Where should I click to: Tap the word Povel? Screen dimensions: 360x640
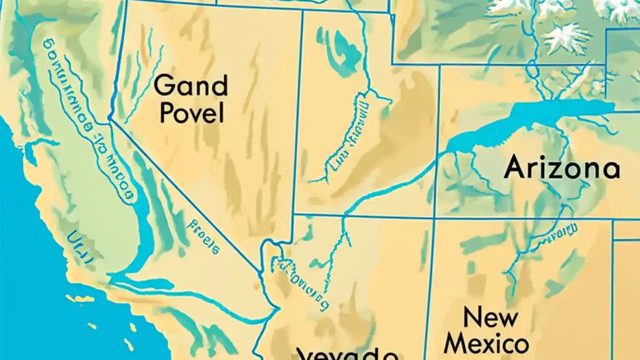[x=190, y=114]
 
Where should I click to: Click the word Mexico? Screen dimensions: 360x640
[x=486, y=344]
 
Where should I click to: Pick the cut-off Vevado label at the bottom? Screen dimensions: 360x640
[x=347, y=354]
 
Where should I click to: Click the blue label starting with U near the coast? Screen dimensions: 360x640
[x=80, y=246]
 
